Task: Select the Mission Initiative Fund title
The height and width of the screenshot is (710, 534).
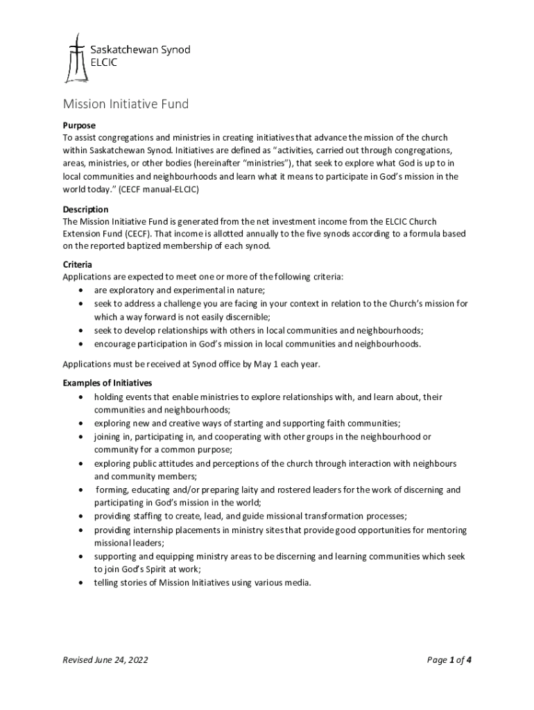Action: point(126,105)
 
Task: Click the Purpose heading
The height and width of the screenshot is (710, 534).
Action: point(79,125)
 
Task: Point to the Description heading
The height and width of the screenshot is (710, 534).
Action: point(85,209)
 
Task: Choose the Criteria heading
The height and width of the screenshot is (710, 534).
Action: point(78,265)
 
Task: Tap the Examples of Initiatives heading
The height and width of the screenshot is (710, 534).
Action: point(107,383)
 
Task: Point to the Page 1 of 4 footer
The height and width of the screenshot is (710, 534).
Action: point(449,660)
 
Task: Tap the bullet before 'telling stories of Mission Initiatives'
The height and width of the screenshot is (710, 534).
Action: point(83,583)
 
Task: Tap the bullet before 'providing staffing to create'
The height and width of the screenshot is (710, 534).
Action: point(83,517)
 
